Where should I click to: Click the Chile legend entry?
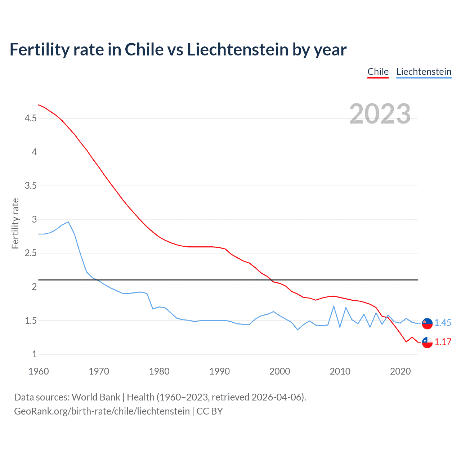378,72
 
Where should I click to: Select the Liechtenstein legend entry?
424,72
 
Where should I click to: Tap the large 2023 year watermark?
380,114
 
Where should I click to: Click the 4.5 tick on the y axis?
31,118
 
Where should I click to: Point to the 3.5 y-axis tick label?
31,185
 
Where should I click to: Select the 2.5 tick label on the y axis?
31,253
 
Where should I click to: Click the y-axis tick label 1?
35,354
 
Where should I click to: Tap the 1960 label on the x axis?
39,371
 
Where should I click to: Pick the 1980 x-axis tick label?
159,371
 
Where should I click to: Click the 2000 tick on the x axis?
279,371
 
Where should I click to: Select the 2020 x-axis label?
400,371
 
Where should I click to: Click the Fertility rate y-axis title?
15,223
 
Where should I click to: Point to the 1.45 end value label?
443,323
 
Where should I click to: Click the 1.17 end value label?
443,342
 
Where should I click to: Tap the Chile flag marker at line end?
427,343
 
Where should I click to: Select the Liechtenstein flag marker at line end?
427,323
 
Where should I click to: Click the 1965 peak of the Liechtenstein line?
68,222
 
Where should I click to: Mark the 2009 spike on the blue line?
334,306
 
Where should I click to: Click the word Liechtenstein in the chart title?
237,49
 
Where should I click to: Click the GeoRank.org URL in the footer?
102,411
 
